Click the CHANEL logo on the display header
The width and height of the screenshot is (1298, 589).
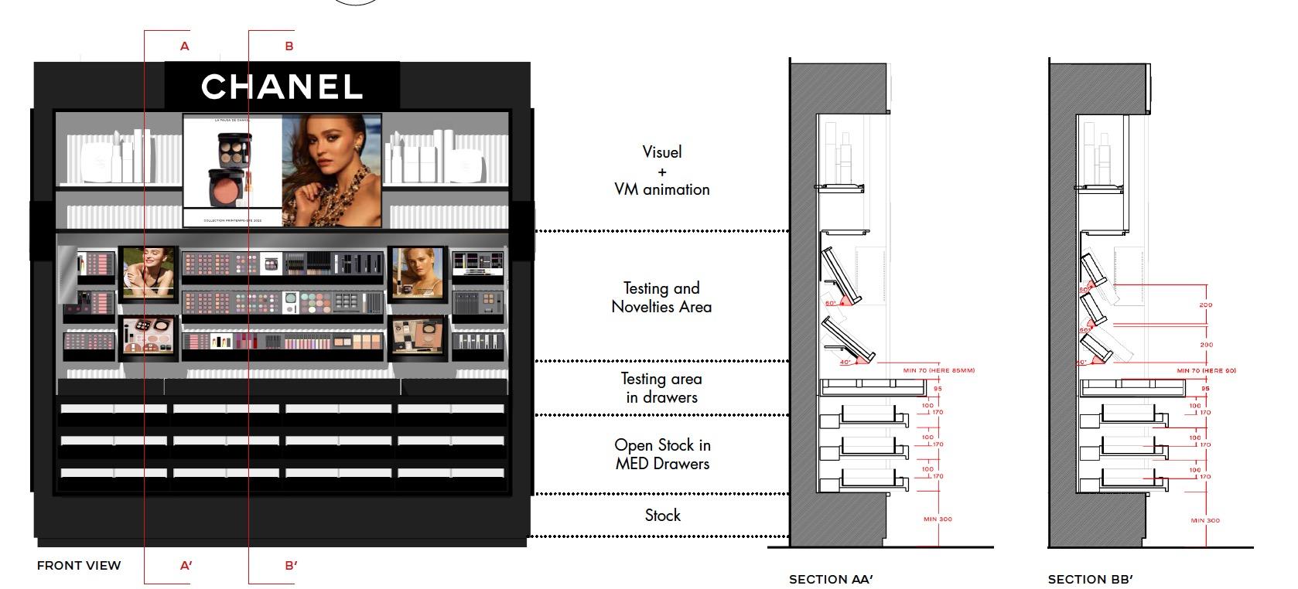click(282, 87)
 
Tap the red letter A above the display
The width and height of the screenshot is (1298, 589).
click(184, 46)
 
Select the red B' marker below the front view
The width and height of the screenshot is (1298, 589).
click(291, 565)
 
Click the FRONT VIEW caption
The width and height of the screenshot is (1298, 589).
click(79, 565)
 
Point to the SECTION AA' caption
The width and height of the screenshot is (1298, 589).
click(831, 579)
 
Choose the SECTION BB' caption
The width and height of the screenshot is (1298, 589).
click(1090, 579)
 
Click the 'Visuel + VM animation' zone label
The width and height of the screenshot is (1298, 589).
click(661, 170)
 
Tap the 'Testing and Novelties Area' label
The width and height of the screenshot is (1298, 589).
click(661, 297)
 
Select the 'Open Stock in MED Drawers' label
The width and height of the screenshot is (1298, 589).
click(662, 454)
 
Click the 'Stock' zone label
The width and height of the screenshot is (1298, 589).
click(663, 515)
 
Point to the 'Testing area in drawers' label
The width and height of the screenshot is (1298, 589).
click(661, 387)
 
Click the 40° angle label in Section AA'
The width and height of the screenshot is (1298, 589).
click(845, 361)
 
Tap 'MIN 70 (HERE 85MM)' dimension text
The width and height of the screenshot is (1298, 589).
click(938, 370)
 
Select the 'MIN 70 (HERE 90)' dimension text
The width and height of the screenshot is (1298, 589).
click(1206, 371)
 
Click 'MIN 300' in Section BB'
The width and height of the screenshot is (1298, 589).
click(1204, 520)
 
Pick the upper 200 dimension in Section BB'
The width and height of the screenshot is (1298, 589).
click(1205, 305)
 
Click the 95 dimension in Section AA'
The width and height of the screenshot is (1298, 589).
click(938, 389)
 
